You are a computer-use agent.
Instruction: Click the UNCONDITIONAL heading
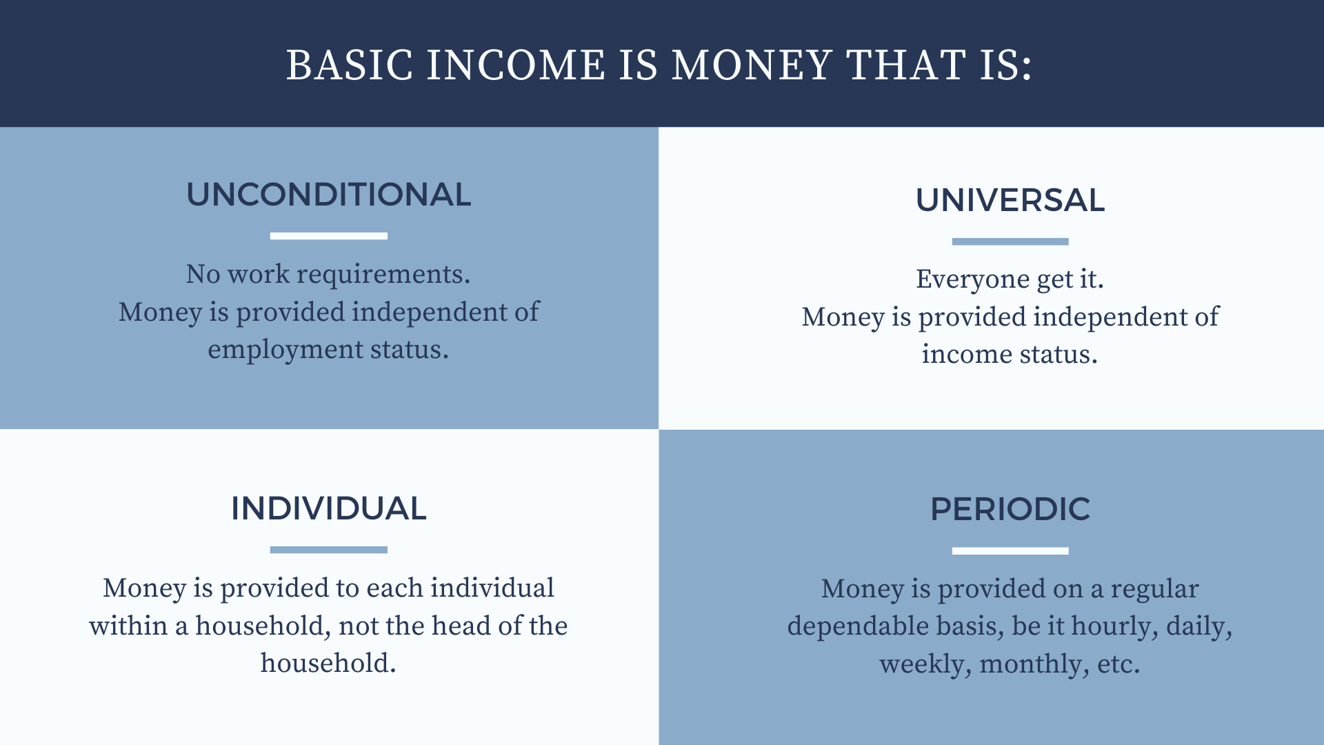tap(329, 195)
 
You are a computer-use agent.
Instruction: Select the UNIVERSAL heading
tap(1010, 200)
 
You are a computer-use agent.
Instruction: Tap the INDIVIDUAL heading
tap(329, 508)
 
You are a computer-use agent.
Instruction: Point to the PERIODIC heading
tap(1010, 509)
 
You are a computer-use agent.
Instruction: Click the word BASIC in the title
tap(350, 66)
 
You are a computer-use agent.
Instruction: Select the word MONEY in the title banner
tap(752, 66)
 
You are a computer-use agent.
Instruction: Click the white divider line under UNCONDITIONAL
tap(329, 236)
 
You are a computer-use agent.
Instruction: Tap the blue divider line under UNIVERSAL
tap(1010, 241)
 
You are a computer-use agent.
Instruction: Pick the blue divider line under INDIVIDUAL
tap(329, 550)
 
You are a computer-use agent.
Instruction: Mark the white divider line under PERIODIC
tap(1010, 550)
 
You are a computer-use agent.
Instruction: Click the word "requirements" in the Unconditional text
tap(383, 276)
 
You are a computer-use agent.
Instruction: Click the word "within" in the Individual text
tap(128, 626)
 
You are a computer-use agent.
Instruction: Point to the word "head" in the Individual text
tap(461, 626)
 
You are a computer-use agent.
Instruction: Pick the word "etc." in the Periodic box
tap(1119, 664)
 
